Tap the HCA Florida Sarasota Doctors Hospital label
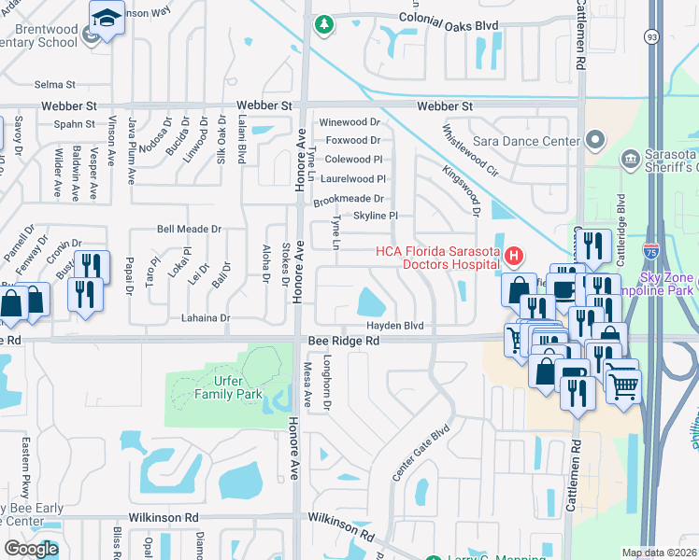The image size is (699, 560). (436, 258)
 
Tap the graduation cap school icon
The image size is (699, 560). (107, 18)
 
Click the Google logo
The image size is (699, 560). (31, 548)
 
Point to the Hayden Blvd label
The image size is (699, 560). (394, 326)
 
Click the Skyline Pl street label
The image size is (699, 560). (376, 216)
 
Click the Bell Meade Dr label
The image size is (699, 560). (189, 229)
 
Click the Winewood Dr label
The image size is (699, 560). (349, 122)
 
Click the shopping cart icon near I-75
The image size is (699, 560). (623, 383)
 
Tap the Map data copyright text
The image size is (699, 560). (659, 553)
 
